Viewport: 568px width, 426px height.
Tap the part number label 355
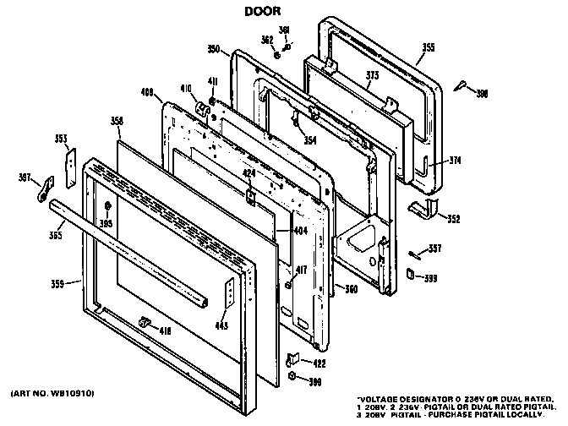(429, 47)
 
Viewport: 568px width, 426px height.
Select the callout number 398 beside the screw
(482, 94)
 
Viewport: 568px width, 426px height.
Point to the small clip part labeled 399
(410, 275)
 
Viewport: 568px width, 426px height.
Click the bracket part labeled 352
(419, 208)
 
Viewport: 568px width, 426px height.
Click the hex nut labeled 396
(292, 375)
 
